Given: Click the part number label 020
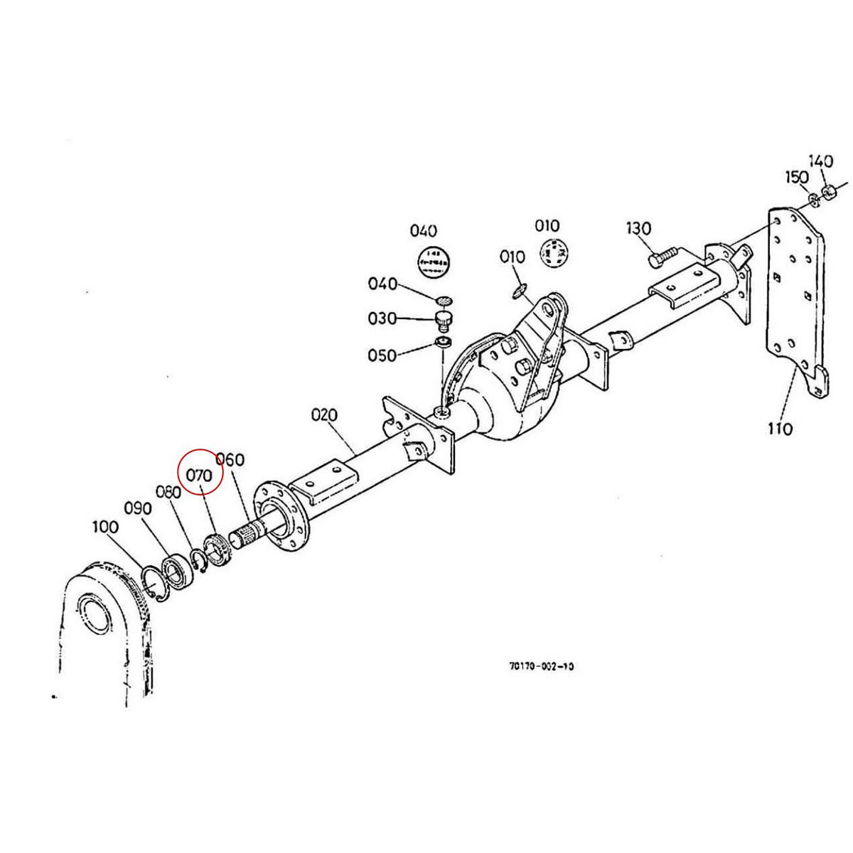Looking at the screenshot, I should tap(324, 414).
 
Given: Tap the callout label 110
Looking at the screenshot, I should tap(780, 429).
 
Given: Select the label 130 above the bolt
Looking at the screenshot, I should tap(638, 229).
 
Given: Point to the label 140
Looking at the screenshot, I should tap(820, 162).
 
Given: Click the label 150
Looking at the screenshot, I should tap(796, 177).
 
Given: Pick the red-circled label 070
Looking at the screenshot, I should tap(200, 475).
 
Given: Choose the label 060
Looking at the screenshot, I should tap(230, 460).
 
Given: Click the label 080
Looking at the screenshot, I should tap(169, 491).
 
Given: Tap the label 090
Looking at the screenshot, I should tap(138, 508).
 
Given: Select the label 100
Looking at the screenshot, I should tap(105, 527).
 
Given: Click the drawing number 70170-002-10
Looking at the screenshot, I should tap(542, 666).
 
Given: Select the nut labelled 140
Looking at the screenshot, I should tap(827, 191).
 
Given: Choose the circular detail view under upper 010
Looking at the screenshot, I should tap(554, 252).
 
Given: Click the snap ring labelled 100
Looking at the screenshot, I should tap(153, 579).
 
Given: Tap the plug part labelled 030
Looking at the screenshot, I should tap(444, 321).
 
